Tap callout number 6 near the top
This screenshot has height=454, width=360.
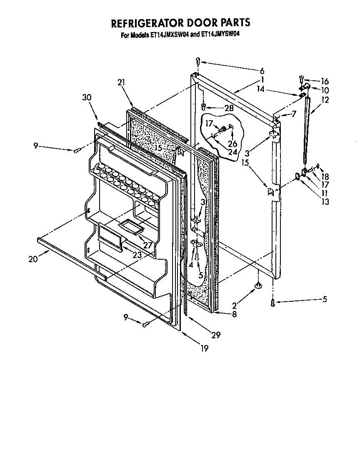click(x=262, y=71)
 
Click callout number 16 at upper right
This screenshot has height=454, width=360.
click(x=325, y=82)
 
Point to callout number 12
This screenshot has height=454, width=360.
click(x=325, y=100)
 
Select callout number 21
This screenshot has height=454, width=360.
click(x=121, y=82)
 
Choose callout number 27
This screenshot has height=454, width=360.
click(x=147, y=245)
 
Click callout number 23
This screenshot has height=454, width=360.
click(x=137, y=255)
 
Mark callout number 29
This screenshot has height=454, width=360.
click(x=215, y=334)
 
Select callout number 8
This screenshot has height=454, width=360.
click(x=234, y=315)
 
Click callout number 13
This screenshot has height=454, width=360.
click(x=325, y=202)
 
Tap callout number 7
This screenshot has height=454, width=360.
click(x=294, y=114)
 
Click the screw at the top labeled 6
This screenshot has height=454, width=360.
click(x=198, y=62)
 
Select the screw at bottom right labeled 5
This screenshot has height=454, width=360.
click(x=272, y=303)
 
